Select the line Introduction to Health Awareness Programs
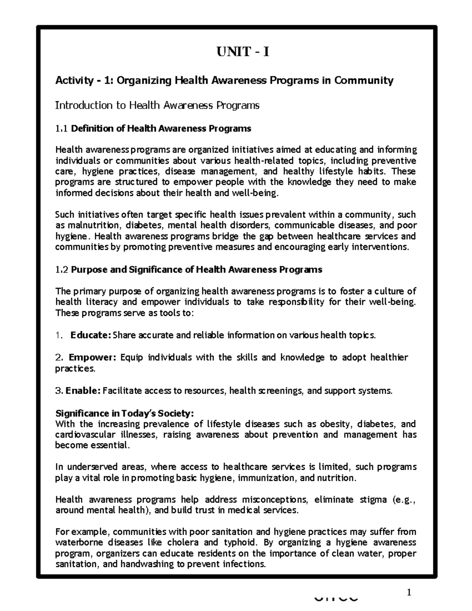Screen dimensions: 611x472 click(x=157, y=105)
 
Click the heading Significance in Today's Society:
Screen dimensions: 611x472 click(x=125, y=413)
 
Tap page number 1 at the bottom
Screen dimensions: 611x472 click(x=409, y=593)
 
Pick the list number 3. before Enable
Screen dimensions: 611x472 click(x=59, y=391)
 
